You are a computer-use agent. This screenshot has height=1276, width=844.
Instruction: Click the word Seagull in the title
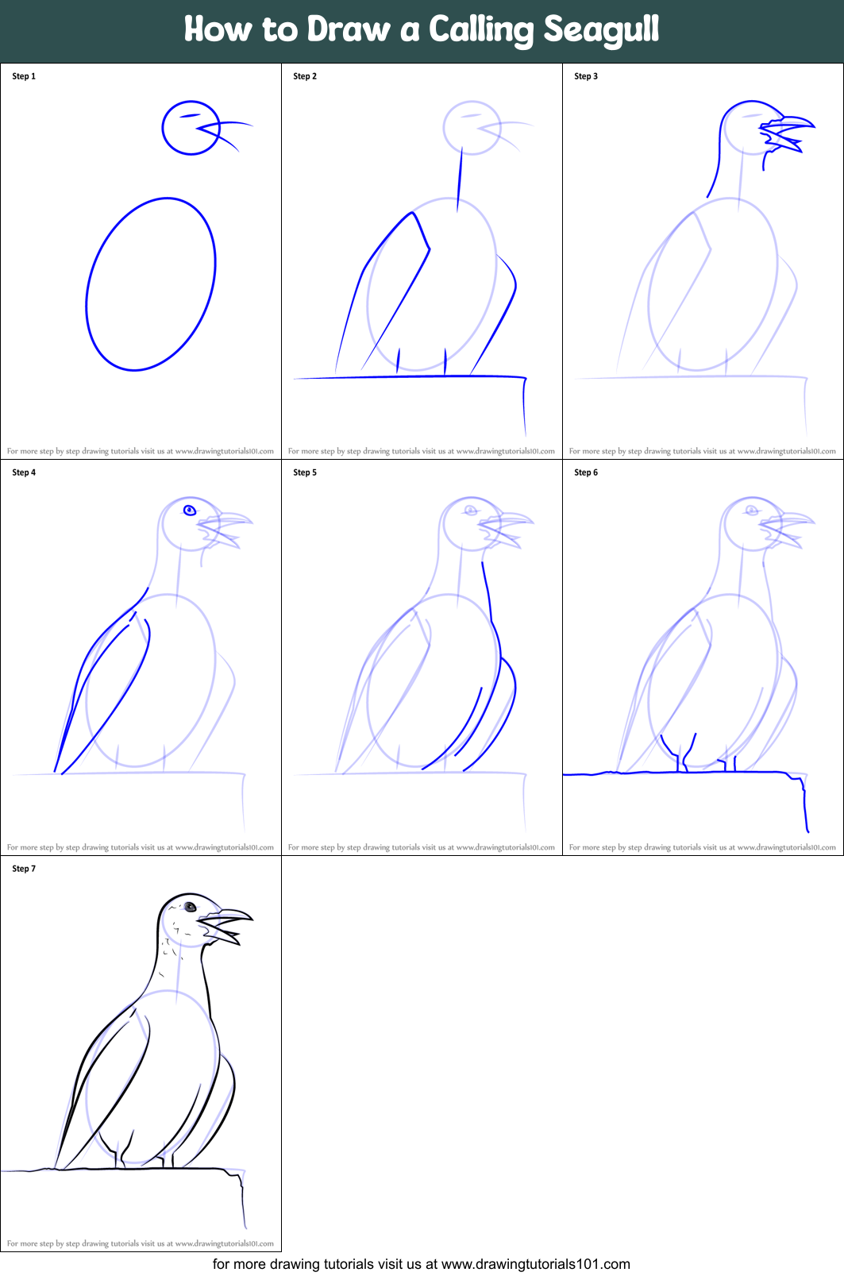601,30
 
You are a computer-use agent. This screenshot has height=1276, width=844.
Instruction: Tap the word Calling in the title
481,30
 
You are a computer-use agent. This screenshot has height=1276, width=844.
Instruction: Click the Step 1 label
24,76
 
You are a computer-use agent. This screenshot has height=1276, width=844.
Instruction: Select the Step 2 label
305,76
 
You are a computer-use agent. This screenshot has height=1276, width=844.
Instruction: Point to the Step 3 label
586,76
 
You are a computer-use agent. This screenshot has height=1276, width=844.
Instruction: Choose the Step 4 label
24,472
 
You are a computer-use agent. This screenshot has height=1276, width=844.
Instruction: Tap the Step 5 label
305,472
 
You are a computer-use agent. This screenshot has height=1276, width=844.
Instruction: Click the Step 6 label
586,472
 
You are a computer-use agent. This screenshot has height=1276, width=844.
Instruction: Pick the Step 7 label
24,869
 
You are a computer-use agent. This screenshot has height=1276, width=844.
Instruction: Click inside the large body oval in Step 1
151,284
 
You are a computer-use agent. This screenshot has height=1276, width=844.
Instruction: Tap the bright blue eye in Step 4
190,510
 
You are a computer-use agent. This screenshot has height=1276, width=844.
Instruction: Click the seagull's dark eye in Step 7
190,907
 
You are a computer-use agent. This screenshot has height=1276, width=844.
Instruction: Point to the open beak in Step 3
786,132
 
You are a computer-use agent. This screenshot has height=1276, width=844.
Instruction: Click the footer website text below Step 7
422,1263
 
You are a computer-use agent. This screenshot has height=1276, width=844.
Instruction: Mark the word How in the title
218,30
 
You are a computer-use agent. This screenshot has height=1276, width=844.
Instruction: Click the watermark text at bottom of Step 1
141,451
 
